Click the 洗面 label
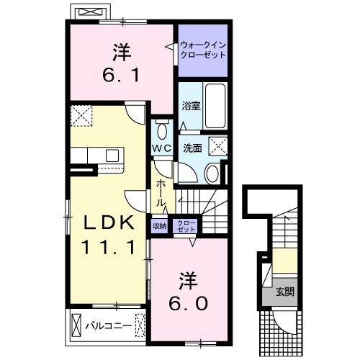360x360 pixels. coord(191,148)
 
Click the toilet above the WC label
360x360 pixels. coord(162,130)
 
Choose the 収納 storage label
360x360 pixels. coord(159,225)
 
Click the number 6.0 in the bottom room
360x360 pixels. coord(189,302)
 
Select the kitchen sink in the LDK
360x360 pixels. coord(113,154)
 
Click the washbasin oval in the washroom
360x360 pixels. coord(212,173)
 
